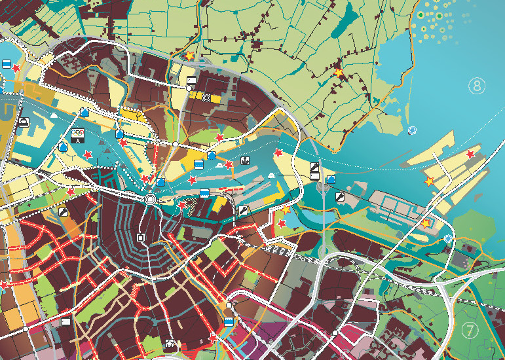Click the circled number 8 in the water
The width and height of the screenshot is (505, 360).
pos(477,85)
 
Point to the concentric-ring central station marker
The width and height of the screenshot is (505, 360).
pos(151,200)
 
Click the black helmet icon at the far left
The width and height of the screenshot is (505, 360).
pos(23,122)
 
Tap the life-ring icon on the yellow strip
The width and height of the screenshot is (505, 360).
pos(207,98)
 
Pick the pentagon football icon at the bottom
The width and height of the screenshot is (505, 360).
pos(171,343)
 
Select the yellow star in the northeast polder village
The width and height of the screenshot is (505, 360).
pos(339,73)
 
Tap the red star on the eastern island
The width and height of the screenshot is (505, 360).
pos(470,154)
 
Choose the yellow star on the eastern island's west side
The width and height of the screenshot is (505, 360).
pos(430,181)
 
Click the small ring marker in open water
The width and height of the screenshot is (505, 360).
pos(412,130)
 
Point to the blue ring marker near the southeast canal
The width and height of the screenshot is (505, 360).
pos(448,239)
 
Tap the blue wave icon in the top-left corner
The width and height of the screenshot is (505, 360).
pos(6,64)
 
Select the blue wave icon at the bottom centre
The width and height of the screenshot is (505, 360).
pos(229,322)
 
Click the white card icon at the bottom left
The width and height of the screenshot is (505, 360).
pos(65,321)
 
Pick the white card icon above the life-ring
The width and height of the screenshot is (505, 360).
pos(191,81)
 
